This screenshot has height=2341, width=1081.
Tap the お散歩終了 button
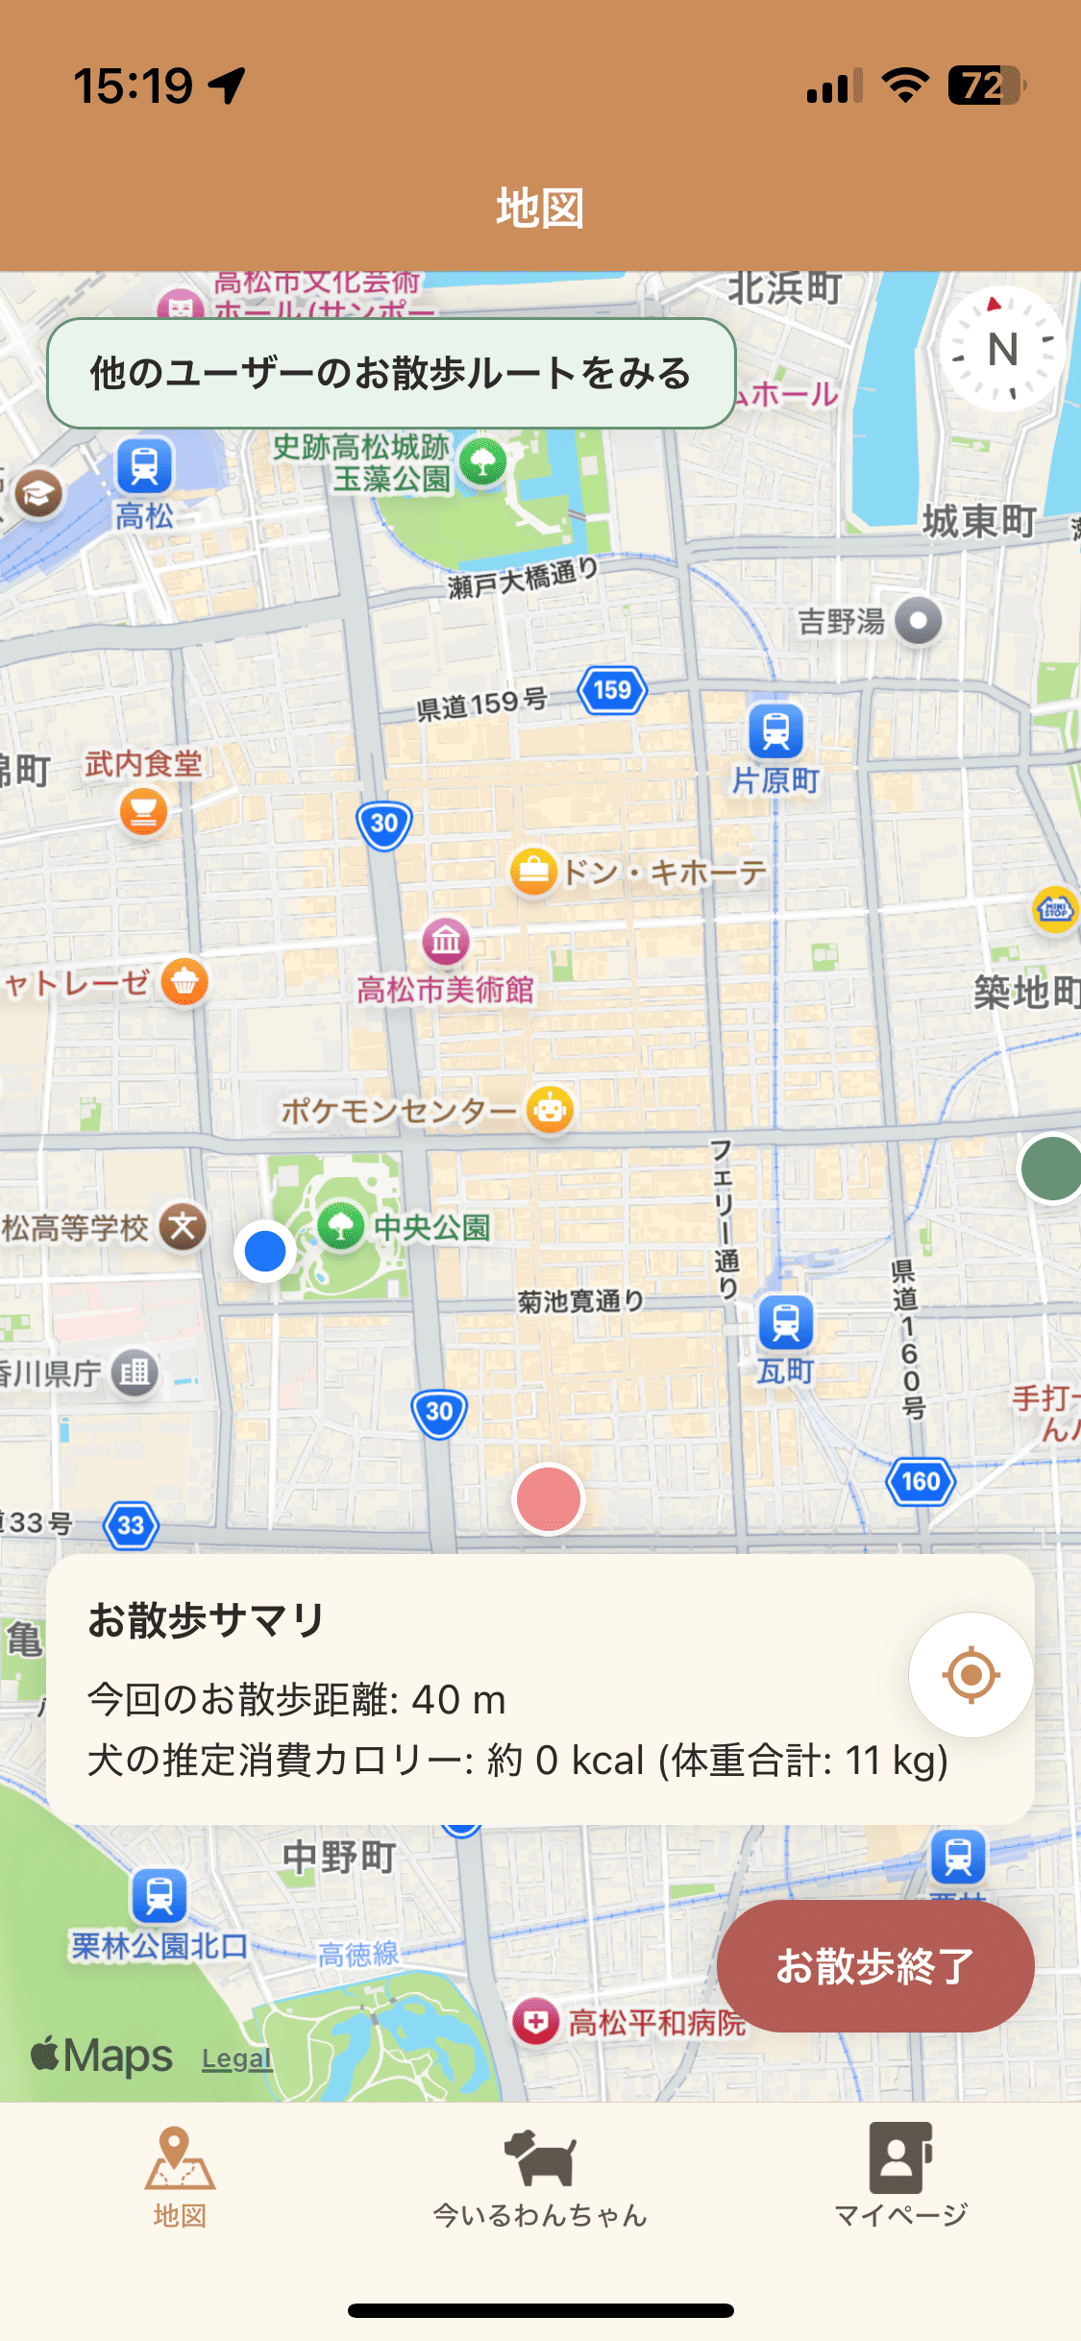pos(874,1965)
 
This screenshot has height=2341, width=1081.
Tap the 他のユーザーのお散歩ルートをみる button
pos(391,373)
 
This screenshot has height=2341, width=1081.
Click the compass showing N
pos(1002,349)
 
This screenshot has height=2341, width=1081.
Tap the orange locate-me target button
pos(970,1675)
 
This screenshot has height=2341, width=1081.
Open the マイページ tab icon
pos(900,2157)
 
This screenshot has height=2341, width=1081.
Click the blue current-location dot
pos(265,1250)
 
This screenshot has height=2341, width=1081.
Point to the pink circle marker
pos(548,1498)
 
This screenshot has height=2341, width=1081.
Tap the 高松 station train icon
pos(145,466)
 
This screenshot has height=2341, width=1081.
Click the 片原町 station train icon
pos(775,731)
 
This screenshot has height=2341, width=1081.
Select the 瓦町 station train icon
pos(786,1321)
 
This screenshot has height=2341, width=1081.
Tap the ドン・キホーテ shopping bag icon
pos(533,873)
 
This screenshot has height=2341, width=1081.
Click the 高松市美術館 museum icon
pos(446,941)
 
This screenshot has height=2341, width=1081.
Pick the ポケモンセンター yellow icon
pos(550,1110)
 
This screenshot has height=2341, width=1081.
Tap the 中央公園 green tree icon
pos(340,1226)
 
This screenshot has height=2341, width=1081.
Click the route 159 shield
pos(612,690)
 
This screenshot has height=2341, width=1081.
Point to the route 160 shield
pos(921,1481)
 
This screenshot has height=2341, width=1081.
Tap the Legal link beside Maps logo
pos(236,2058)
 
